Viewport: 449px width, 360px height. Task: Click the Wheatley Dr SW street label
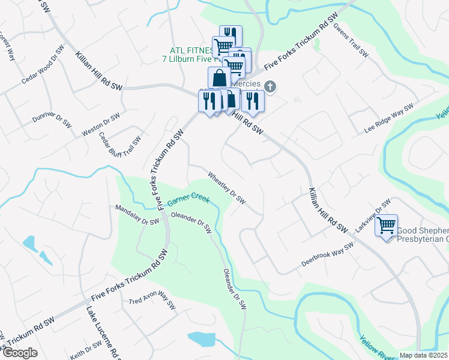tap(226, 189)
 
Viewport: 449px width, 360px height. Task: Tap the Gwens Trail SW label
tap(351, 41)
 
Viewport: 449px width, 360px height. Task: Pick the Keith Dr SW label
tap(85, 349)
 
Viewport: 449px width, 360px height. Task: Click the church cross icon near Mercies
tap(271, 87)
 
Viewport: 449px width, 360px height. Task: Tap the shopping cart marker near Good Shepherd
tap(387, 226)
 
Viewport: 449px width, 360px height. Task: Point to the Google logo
tap(20, 353)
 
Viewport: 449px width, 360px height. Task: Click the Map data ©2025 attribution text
tap(424, 355)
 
